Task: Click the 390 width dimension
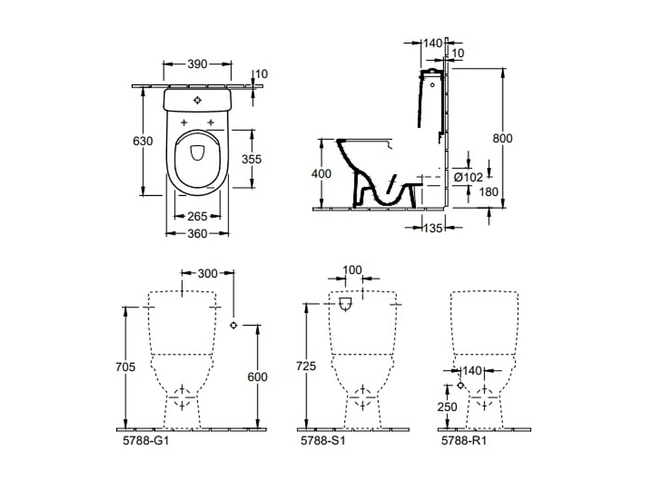[x=197, y=64]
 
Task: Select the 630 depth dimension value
[x=143, y=141]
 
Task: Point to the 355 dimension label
[x=251, y=159]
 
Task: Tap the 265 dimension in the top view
[x=197, y=216]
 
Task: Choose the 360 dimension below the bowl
[x=197, y=233]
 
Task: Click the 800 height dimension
[x=502, y=138]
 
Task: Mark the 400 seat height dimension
[x=321, y=174]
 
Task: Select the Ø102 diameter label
[x=468, y=177]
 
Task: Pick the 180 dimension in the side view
[x=488, y=192]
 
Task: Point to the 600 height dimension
[x=256, y=377]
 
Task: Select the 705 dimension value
[x=125, y=367]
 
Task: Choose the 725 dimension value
[x=306, y=366]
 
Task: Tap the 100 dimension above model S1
[x=352, y=270]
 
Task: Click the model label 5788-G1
[x=142, y=441]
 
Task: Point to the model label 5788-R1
[x=463, y=441]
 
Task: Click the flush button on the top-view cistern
[x=197, y=100]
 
